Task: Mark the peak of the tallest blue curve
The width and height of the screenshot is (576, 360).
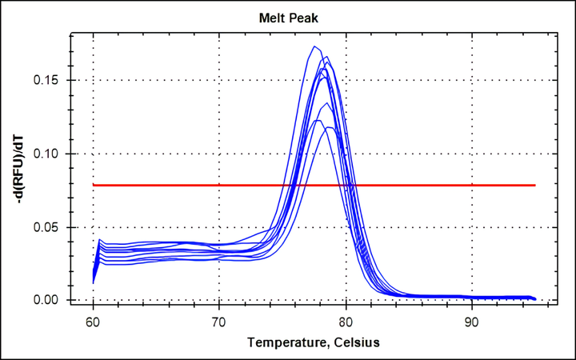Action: (314, 46)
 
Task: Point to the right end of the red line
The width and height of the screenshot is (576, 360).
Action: (534, 185)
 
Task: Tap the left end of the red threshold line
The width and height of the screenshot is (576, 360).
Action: (94, 185)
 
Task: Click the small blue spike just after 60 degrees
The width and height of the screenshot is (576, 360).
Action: (98, 240)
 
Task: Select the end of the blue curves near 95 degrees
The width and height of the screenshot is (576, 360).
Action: (534, 298)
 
